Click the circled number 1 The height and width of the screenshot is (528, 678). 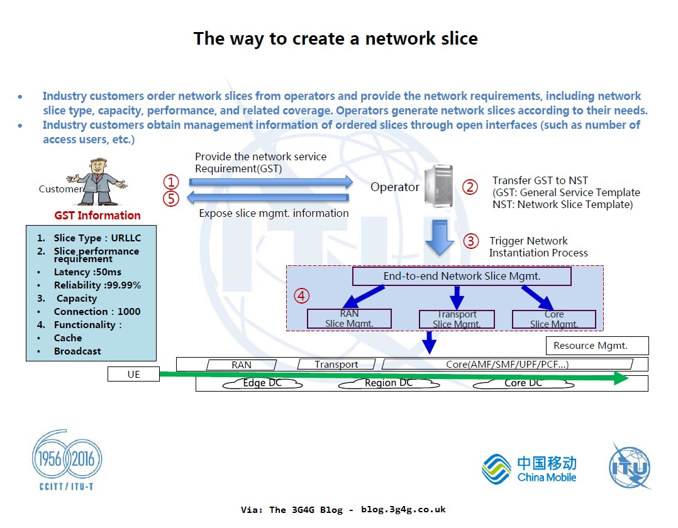[171, 182]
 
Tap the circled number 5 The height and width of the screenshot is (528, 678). [171, 199]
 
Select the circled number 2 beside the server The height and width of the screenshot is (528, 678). [470, 187]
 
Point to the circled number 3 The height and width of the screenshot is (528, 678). [470, 241]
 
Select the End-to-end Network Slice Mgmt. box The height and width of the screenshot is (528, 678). [462, 276]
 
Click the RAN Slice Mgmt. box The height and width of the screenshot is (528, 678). [349, 319]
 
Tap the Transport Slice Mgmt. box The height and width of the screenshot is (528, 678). [457, 319]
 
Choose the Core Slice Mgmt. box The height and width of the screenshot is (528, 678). [554, 319]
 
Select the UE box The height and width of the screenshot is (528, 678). [133, 375]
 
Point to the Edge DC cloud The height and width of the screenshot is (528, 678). [262, 383]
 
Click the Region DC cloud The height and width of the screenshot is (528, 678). [389, 383]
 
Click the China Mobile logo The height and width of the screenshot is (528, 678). [529, 469]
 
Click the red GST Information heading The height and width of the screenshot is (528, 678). [97, 216]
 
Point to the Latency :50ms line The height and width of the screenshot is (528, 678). [87, 272]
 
